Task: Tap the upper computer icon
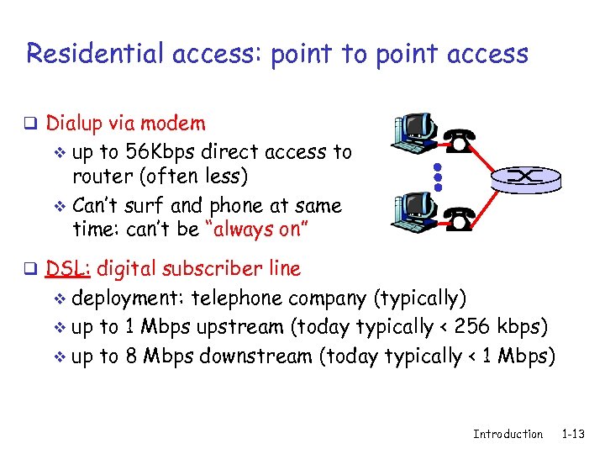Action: tap(414, 133)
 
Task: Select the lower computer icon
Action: tap(414, 211)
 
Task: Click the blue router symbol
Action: tap(525, 177)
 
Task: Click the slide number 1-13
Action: tap(574, 434)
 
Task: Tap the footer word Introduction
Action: tap(508, 434)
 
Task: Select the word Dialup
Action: tap(73, 124)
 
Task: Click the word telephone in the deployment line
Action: tap(238, 298)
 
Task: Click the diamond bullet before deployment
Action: tap(59, 299)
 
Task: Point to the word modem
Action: tap(175, 124)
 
